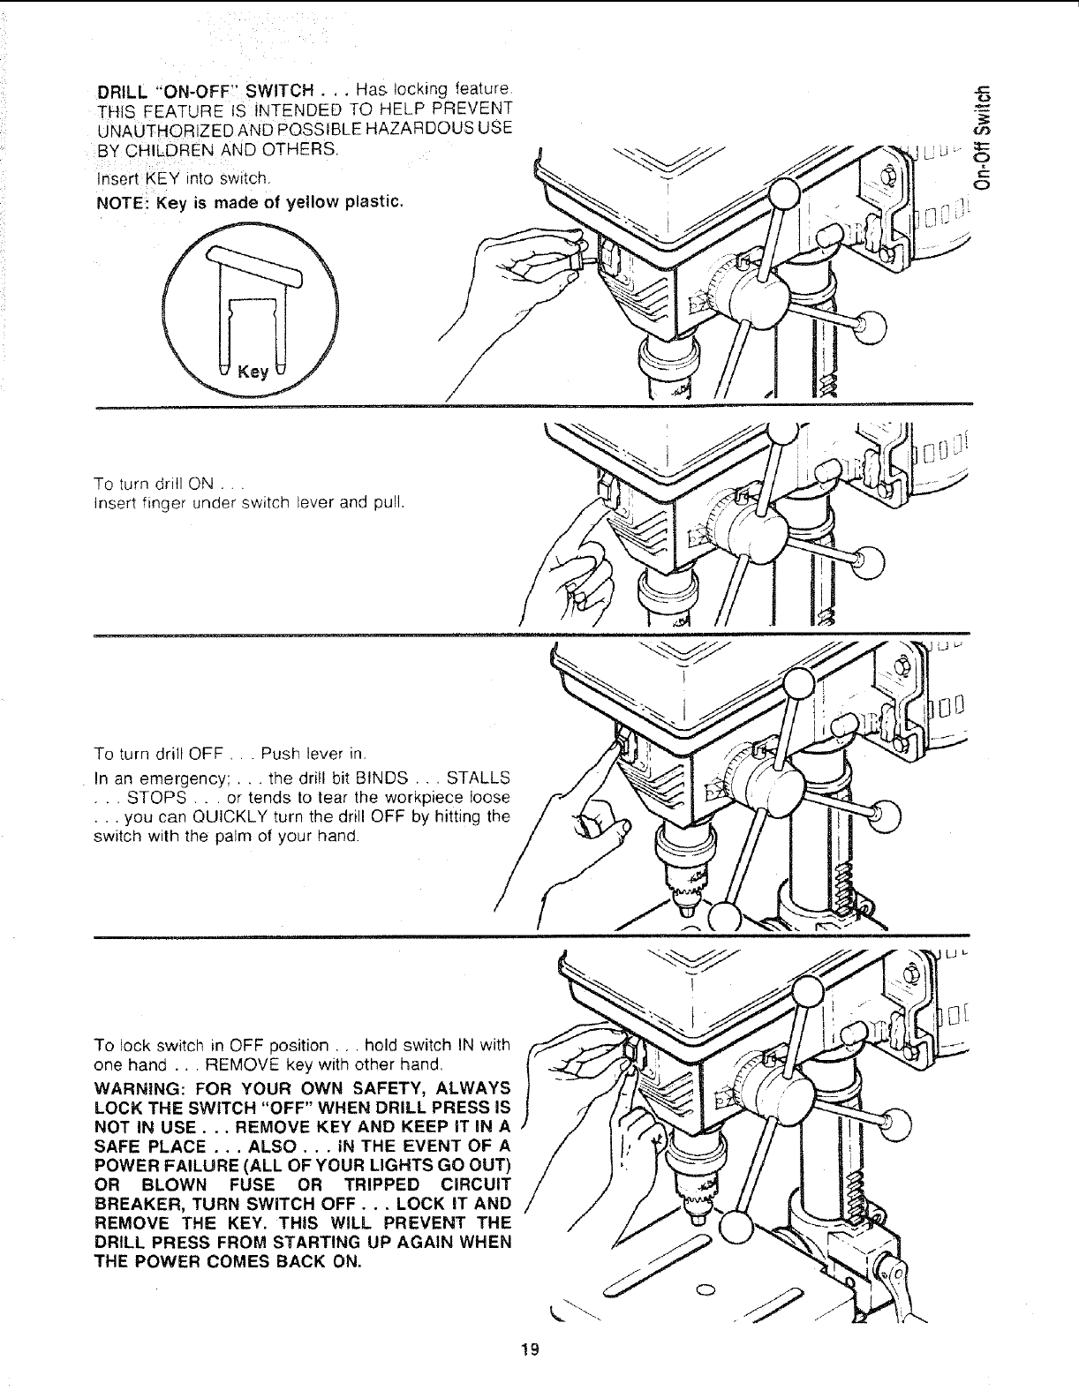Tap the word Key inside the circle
pos(253,372)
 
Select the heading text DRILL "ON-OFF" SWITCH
pos(206,90)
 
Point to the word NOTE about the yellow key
pos(119,205)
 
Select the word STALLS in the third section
pos(479,778)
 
